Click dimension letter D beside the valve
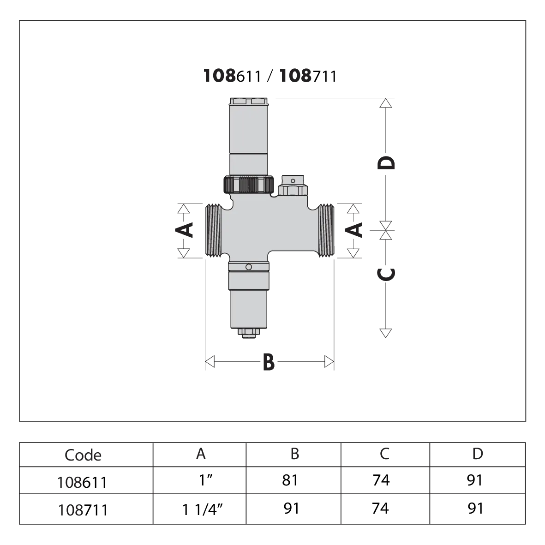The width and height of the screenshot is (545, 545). click(x=386, y=162)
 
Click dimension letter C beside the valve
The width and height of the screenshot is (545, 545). click(x=386, y=274)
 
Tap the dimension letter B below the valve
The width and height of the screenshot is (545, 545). click(x=269, y=362)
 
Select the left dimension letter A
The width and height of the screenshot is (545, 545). click(x=184, y=229)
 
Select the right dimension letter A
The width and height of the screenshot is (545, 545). click(x=354, y=230)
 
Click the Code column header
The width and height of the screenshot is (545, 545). click(x=83, y=455)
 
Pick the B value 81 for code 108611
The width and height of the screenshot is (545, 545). click(x=290, y=480)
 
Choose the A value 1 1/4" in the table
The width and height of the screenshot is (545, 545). click(x=202, y=510)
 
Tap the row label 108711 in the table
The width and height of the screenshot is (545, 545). click(x=83, y=510)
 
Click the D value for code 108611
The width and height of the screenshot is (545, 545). click(x=475, y=480)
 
